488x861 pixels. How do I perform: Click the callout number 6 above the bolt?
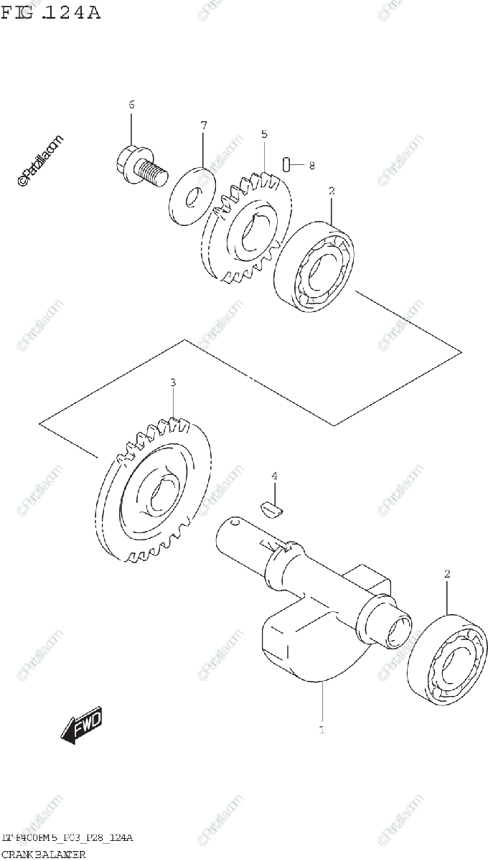[x=131, y=105]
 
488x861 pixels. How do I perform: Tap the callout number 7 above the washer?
[x=203, y=126]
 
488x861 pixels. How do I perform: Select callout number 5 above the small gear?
[x=264, y=134]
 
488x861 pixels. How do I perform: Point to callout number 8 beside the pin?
[x=311, y=166]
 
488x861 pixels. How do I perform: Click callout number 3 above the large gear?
[x=173, y=383]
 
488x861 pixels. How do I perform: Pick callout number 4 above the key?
[x=273, y=476]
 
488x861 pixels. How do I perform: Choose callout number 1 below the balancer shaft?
[x=322, y=730]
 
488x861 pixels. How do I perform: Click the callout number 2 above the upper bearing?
[x=332, y=192]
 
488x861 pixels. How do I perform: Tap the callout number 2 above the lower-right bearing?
[x=446, y=574]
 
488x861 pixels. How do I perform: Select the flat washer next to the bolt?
[x=193, y=195]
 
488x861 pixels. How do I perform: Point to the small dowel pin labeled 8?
[x=286, y=165]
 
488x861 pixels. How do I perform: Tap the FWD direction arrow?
[x=82, y=725]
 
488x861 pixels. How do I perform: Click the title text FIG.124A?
[x=51, y=12]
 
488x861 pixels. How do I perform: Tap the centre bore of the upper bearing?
[x=320, y=266]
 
